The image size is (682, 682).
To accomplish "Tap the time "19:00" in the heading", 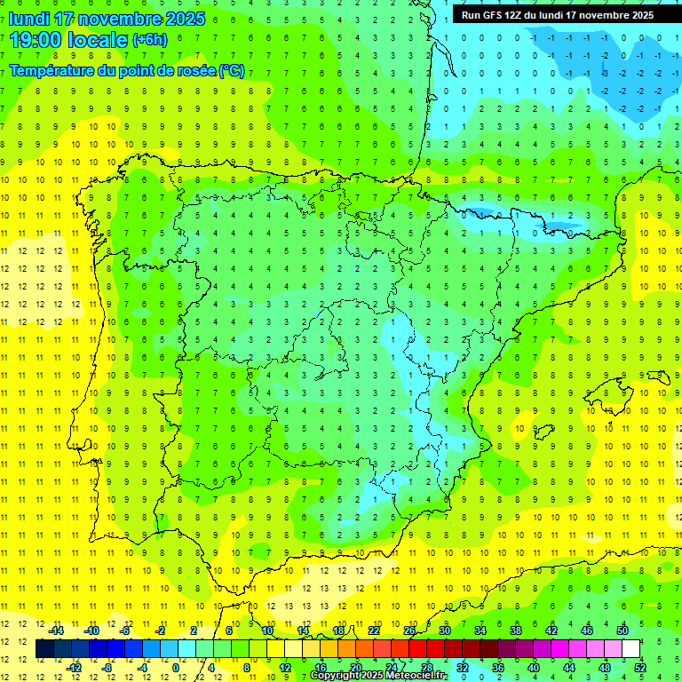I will point(36,40).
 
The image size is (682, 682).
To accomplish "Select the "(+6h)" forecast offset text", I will point(149,40).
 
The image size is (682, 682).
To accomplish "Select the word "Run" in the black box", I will point(471,15).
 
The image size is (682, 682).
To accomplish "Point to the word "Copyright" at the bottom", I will point(337,676).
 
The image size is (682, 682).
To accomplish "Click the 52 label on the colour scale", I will point(639,668).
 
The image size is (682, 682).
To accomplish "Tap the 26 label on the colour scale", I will point(409,630).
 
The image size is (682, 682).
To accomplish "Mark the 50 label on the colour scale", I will point(623,630).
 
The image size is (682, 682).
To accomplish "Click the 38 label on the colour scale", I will point(516,630).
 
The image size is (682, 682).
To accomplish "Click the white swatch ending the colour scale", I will point(631,649).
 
